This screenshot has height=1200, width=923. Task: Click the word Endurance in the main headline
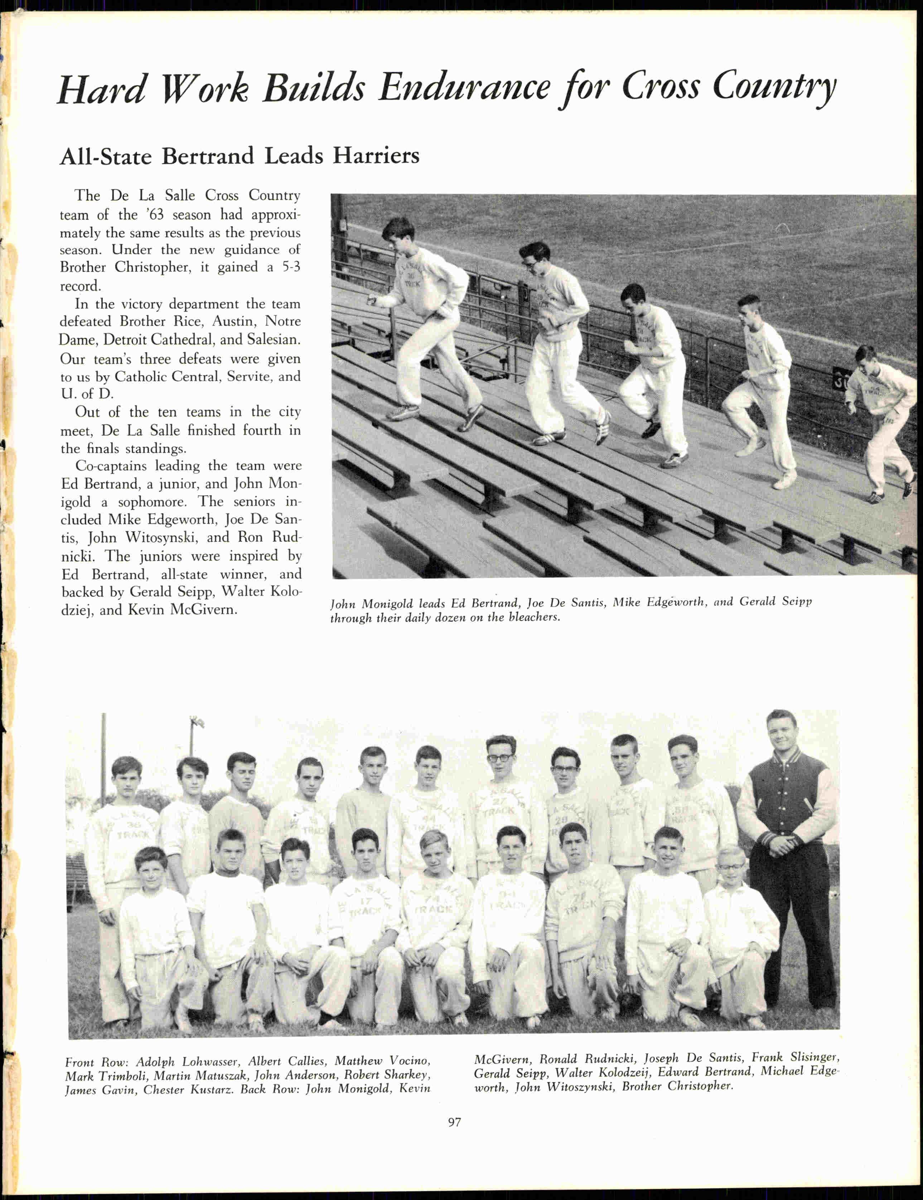464,88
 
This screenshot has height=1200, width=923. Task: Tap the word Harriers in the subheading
376,156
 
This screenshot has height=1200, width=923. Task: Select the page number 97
454,1123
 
